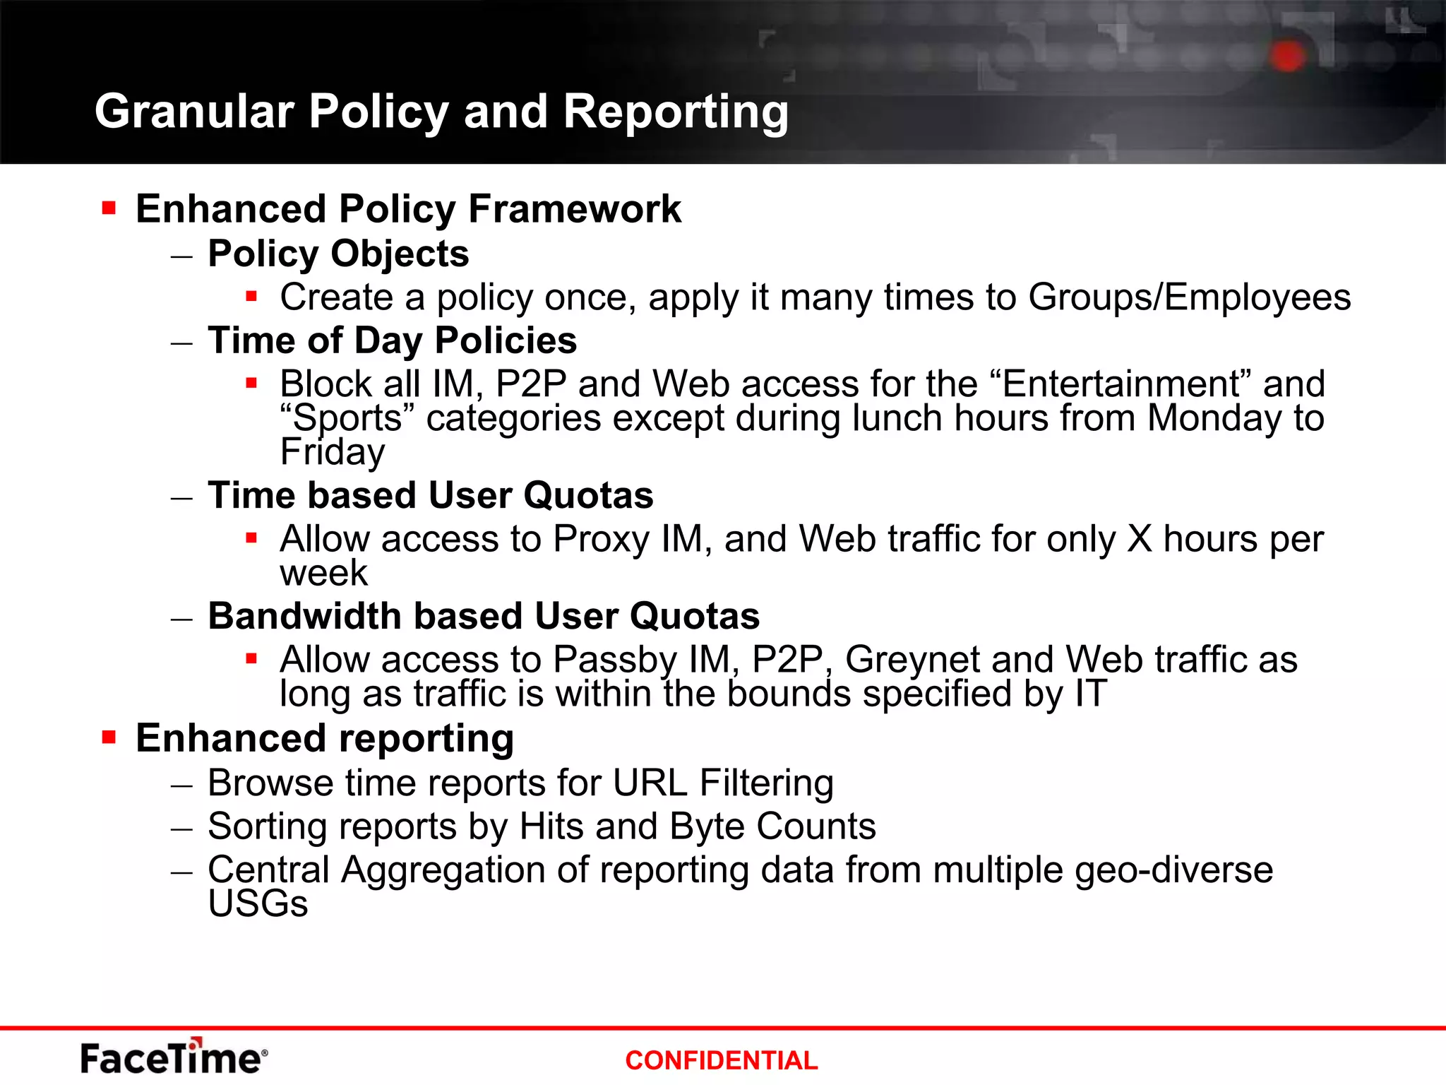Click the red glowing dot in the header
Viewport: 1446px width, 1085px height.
point(1288,57)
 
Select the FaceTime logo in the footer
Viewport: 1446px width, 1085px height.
point(174,1057)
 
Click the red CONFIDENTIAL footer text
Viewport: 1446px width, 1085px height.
point(721,1060)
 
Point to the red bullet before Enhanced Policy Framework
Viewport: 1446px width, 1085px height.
point(109,208)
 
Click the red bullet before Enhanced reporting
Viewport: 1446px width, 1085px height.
point(109,738)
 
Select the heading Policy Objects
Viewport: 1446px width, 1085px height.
point(338,254)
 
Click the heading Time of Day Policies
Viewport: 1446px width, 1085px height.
point(392,340)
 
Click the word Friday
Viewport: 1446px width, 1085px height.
point(333,452)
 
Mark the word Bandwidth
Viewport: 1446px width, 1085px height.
point(305,616)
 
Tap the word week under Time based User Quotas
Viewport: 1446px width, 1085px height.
point(323,573)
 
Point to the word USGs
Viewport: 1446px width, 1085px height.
point(258,904)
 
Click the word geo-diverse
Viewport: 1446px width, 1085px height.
point(1173,870)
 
